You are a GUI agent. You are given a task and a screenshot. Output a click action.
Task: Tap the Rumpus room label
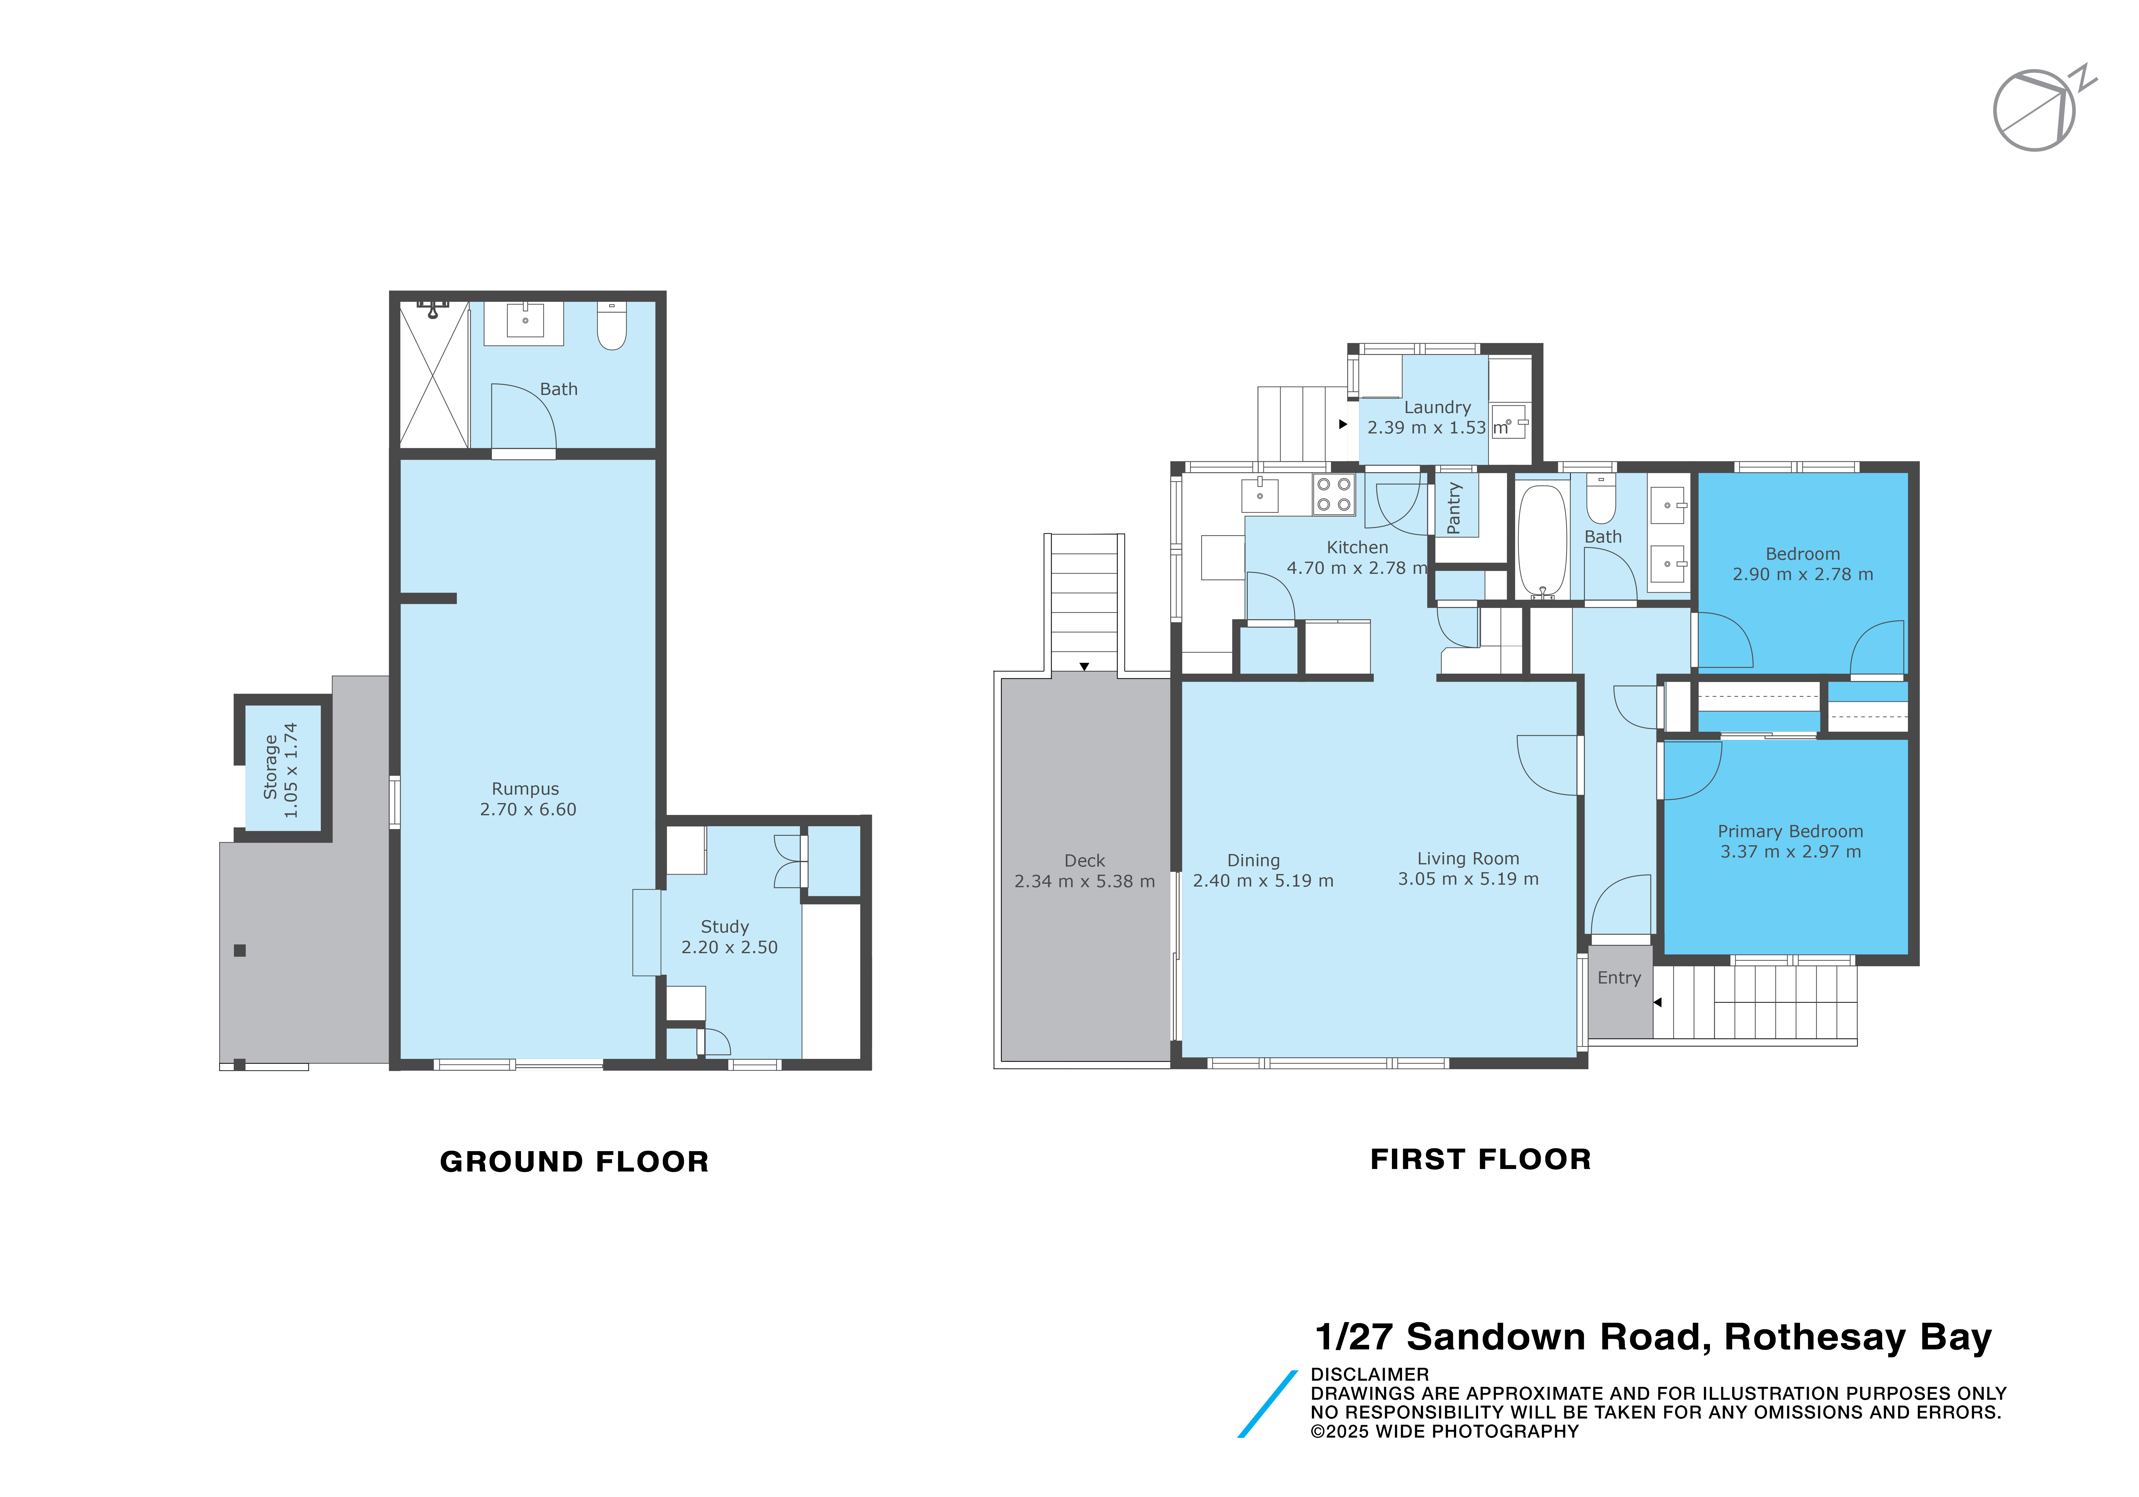click(x=525, y=789)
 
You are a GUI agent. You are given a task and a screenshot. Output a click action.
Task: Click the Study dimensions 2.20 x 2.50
click(x=730, y=947)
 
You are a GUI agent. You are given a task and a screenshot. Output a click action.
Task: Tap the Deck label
click(x=1085, y=861)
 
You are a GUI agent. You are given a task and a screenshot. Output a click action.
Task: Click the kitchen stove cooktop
click(x=1333, y=495)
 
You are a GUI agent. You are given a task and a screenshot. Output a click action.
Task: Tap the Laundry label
click(x=1438, y=407)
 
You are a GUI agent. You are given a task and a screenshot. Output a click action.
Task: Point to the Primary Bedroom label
click(x=1791, y=831)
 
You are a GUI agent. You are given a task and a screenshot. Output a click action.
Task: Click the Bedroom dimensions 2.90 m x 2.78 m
click(x=1803, y=575)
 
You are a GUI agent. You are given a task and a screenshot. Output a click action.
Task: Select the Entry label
click(x=1619, y=978)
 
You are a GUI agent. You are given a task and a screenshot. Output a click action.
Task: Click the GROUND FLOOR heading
click(x=575, y=1162)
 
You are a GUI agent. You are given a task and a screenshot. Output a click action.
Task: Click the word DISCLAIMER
click(x=1369, y=1374)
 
